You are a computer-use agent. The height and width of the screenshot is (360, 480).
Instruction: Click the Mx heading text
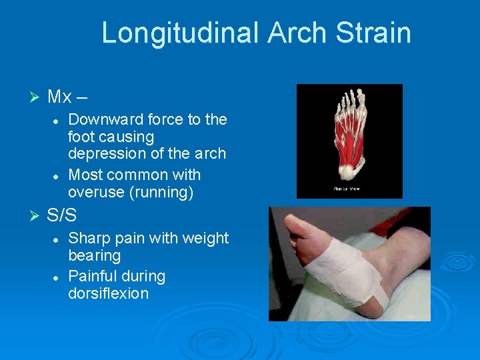tap(59, 97)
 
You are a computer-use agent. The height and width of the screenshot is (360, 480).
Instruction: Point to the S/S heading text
tap(62, 216)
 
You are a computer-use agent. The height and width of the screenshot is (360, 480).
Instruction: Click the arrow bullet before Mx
tap(36, 97)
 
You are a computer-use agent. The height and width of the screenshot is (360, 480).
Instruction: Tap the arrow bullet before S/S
tap(36, 216)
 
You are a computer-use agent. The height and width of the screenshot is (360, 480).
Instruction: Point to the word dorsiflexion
tap(108, 294)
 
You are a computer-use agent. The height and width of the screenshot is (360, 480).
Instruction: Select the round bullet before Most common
tap(57, 176)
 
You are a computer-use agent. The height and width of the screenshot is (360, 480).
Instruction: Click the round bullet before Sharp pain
tap(57, 239)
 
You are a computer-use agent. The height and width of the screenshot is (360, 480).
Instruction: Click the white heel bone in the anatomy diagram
tap(349, 173)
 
